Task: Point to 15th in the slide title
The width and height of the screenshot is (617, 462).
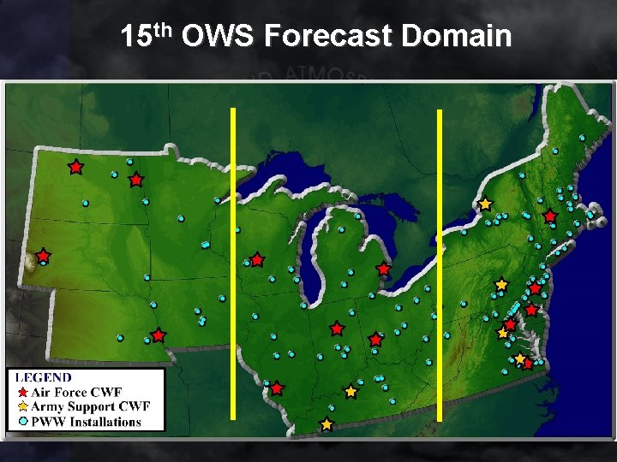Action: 147,36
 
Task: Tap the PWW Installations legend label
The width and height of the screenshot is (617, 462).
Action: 87,421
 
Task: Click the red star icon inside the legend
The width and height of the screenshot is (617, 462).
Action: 22,393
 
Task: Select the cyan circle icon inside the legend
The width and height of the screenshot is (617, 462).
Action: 22,421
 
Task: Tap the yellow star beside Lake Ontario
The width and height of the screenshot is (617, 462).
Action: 485,204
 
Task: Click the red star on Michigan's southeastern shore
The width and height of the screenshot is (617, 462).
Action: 383,269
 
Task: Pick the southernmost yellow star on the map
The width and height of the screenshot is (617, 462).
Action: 326,424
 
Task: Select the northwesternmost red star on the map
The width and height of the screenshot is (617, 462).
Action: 75,167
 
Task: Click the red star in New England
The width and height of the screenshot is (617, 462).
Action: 549,216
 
